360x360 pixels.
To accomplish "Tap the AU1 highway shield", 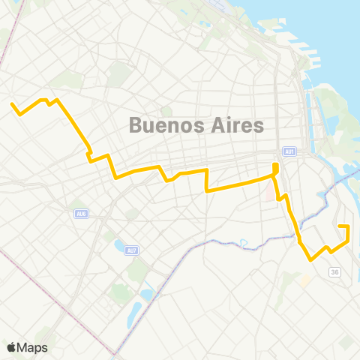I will tap(290, 151).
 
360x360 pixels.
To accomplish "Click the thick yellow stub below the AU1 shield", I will tap(275, 168).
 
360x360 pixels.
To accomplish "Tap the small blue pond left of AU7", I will tap(118, 245).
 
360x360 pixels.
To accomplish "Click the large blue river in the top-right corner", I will tap(330, 30).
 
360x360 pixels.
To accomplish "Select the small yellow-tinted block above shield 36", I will tap(305, 280).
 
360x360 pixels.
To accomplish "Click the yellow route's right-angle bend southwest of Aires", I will tap(206, 190).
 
